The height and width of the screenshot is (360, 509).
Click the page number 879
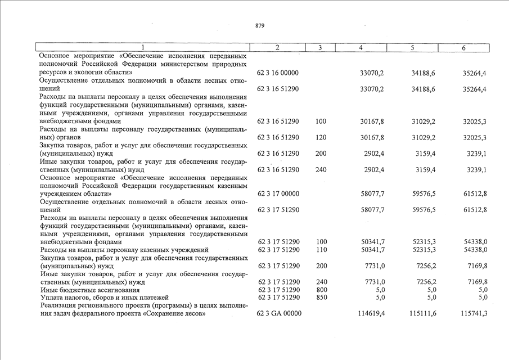[260, 26]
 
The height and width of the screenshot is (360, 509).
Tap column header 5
[412, 48]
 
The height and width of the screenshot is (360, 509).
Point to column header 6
[463, 48]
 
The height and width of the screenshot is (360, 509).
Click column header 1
[143, 48]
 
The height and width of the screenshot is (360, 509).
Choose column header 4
[361, 48]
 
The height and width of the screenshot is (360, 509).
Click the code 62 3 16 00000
[278, 73]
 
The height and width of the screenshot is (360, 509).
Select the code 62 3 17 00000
[278, 193]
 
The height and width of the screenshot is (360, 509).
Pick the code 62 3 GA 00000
[278, 313]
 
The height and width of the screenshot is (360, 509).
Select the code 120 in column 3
[321, 137]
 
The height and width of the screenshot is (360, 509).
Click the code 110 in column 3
[321, 249]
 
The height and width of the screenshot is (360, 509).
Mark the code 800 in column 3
[321, 289]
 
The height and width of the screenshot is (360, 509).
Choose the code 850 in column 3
[321, 297]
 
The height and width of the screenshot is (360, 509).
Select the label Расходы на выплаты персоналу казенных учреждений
[124, 249]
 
